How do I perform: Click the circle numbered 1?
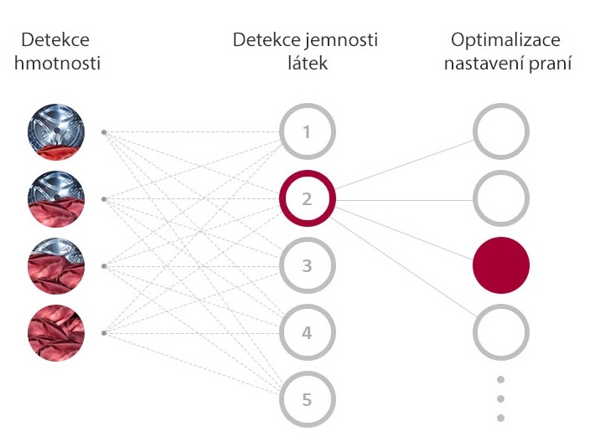pyautogui.click(x=307, y=132)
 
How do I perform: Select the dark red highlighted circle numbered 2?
pyautogui.click(x=307, y=199)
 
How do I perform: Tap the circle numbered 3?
pyautogui.click(x=307, y=266)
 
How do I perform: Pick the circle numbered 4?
pyautogui.click(x=307, y=333)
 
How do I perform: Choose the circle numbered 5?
pyautogui.click(x=307, y=400)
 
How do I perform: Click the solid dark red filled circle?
pyautogui.click(x=501, y=266)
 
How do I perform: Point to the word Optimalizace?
pyautogui.click(x=505, y=40)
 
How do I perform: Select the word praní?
pyautogui.click(x=550, y=62)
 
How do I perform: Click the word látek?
pyautogui.click(x=307, y=62)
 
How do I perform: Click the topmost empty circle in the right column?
pyautogui.click(x=501, y=132)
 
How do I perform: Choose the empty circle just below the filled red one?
pyautogui.click(x=501, y=333)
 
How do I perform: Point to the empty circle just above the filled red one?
pyautogui.click(x=501, y=199)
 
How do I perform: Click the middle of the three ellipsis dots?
pyautogui.click(x=501, y=399)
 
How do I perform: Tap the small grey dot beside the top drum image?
pyautogui.click(x=103, y=132)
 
